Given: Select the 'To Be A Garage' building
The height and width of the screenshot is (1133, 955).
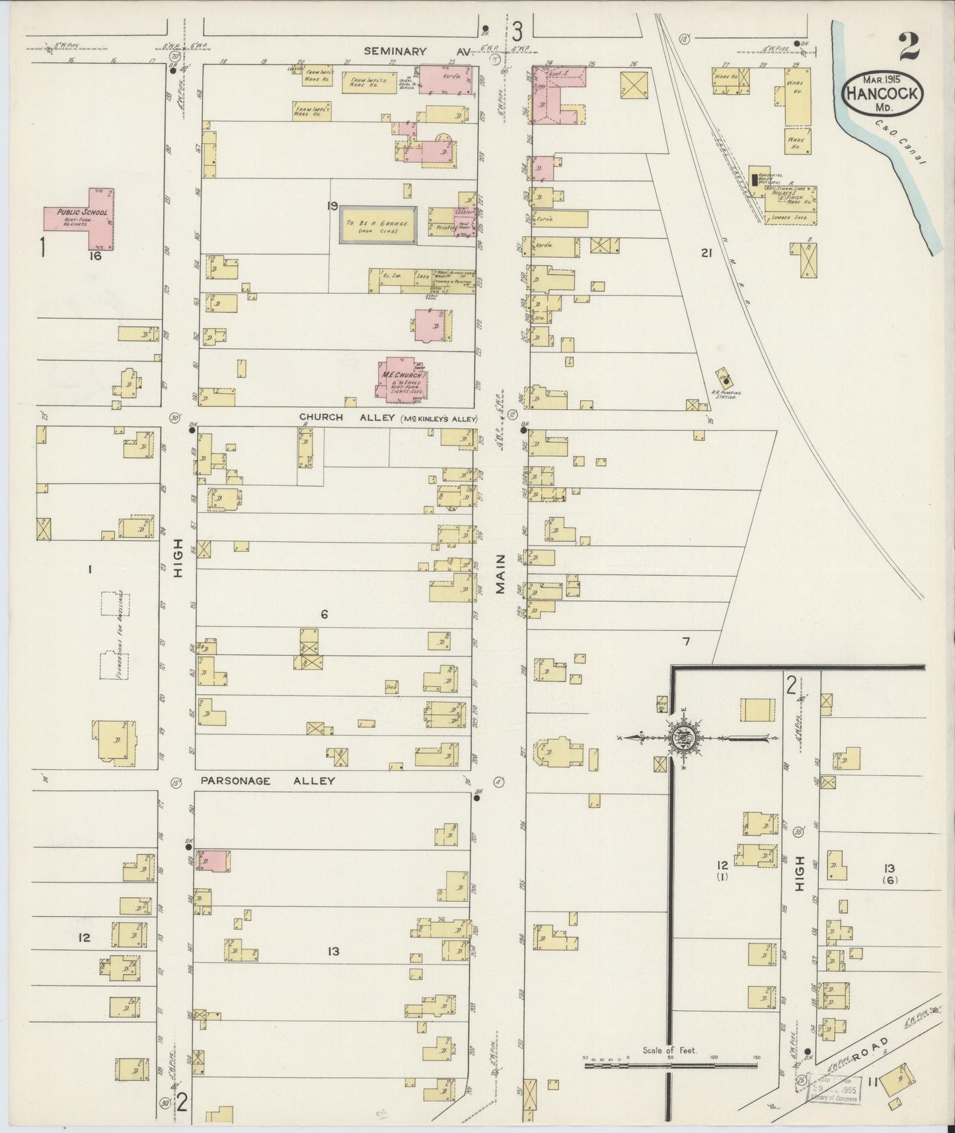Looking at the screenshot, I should (378, 224).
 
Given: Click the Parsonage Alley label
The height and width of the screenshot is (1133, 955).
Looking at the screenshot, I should (268, 781).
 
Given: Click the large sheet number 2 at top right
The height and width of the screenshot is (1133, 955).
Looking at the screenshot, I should (909, 46).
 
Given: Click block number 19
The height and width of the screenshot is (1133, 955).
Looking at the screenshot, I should (332, 206).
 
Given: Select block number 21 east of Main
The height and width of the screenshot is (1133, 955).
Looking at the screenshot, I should (707, 252).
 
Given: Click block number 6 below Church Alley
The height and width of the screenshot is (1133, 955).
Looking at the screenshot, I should (324, 614).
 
